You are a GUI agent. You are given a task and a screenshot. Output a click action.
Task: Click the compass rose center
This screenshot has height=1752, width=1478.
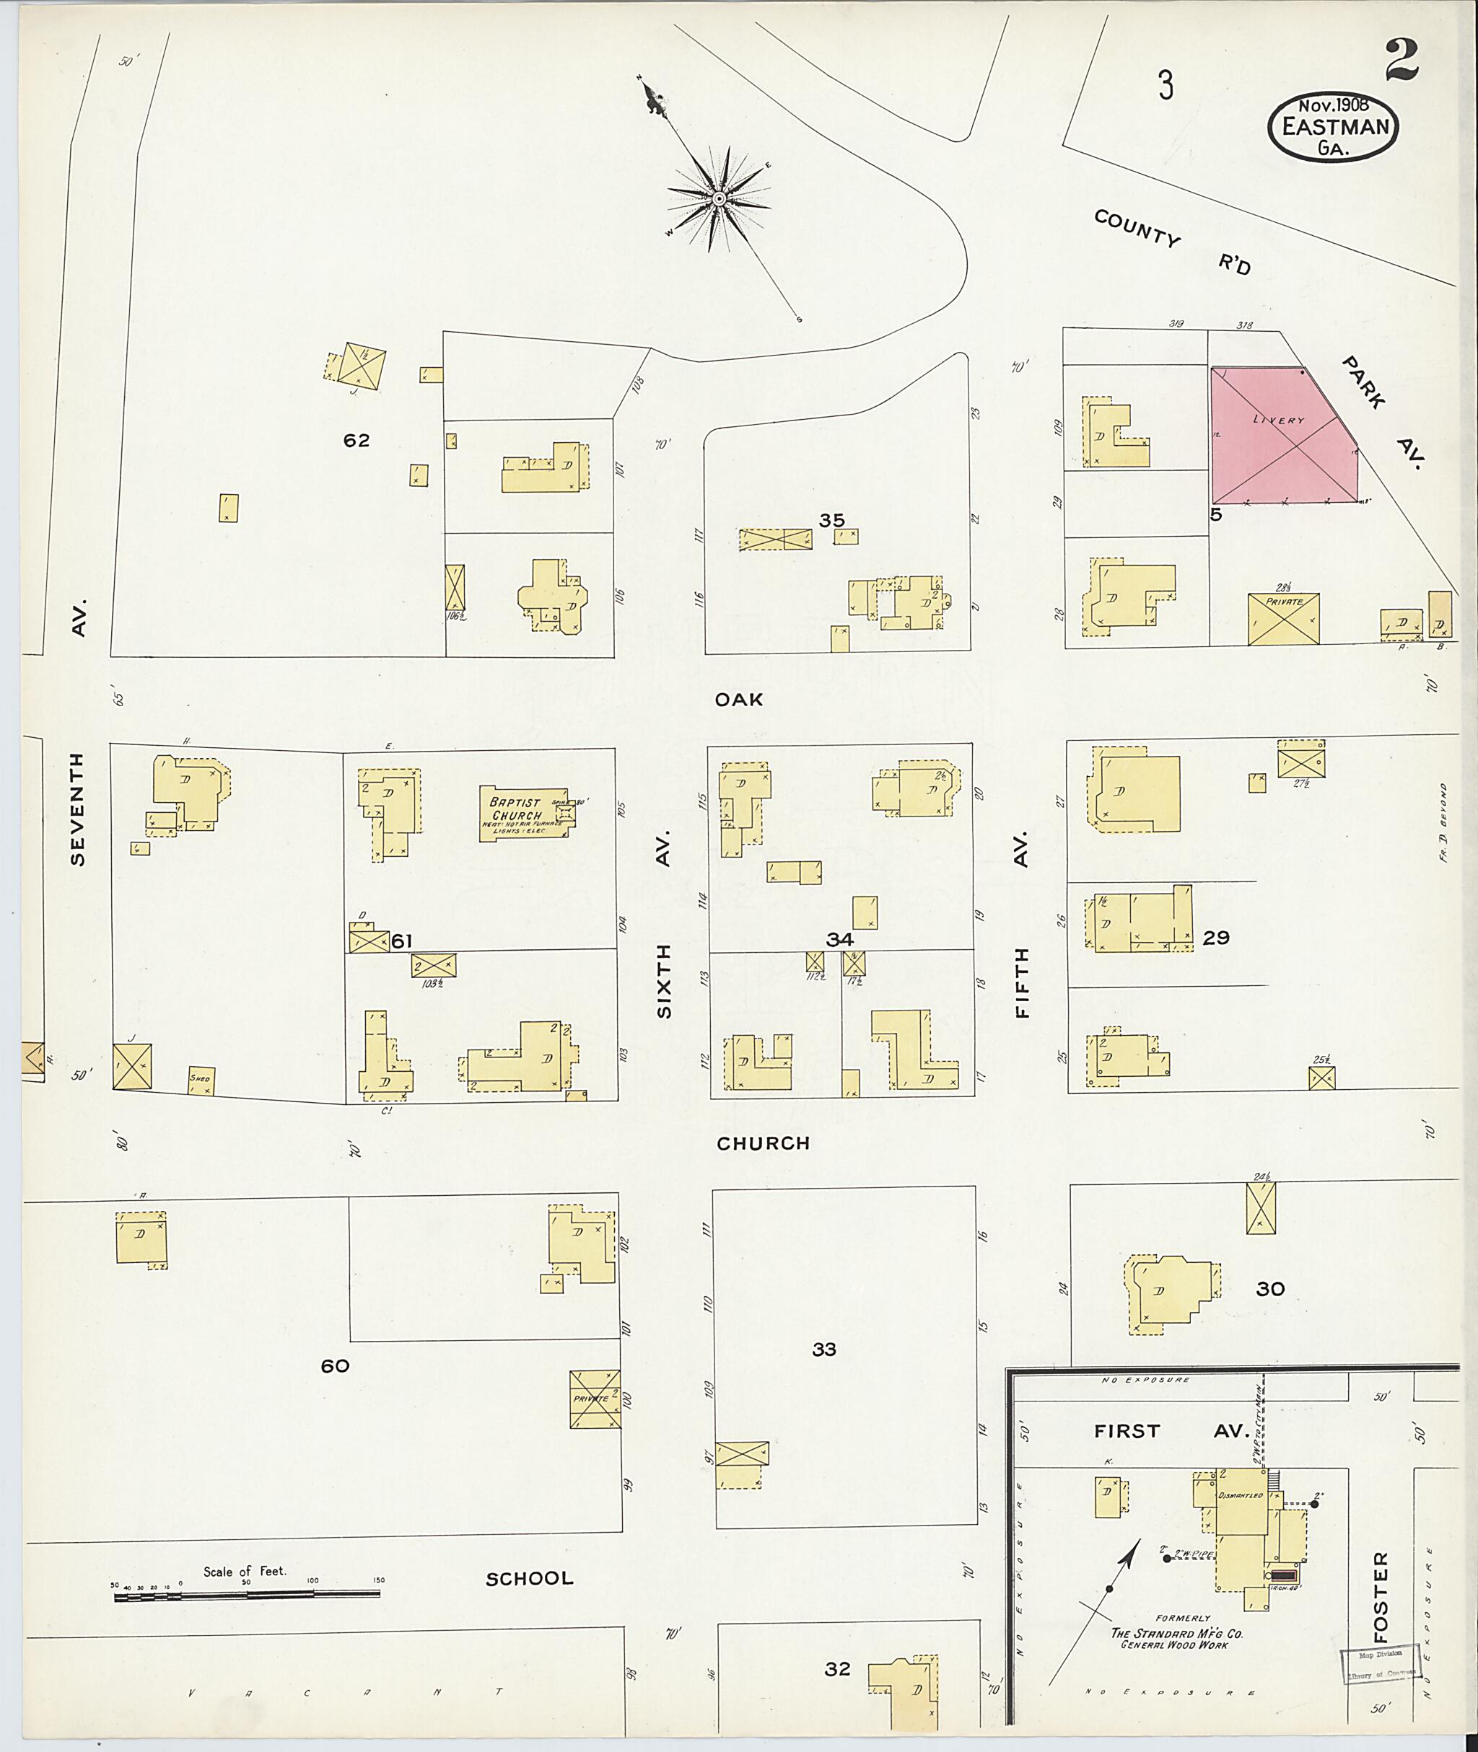point(719,198)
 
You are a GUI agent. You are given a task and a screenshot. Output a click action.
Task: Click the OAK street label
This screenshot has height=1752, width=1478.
point(738,700)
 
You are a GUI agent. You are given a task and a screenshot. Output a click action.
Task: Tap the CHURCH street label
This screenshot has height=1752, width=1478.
point(763,1143)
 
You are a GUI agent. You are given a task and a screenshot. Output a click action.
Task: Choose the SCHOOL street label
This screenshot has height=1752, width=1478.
point(530,1579)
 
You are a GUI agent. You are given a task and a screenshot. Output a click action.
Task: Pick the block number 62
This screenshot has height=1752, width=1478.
point(356,441)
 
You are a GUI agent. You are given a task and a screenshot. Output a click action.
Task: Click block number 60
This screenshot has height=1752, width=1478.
point(334,1366)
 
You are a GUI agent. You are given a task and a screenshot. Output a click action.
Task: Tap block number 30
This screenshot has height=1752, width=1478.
point(1269,1289)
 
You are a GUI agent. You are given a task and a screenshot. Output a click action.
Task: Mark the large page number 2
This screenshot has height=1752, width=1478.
point(1402,61)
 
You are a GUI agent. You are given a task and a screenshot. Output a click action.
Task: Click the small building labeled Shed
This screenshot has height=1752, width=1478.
point(200,1080)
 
